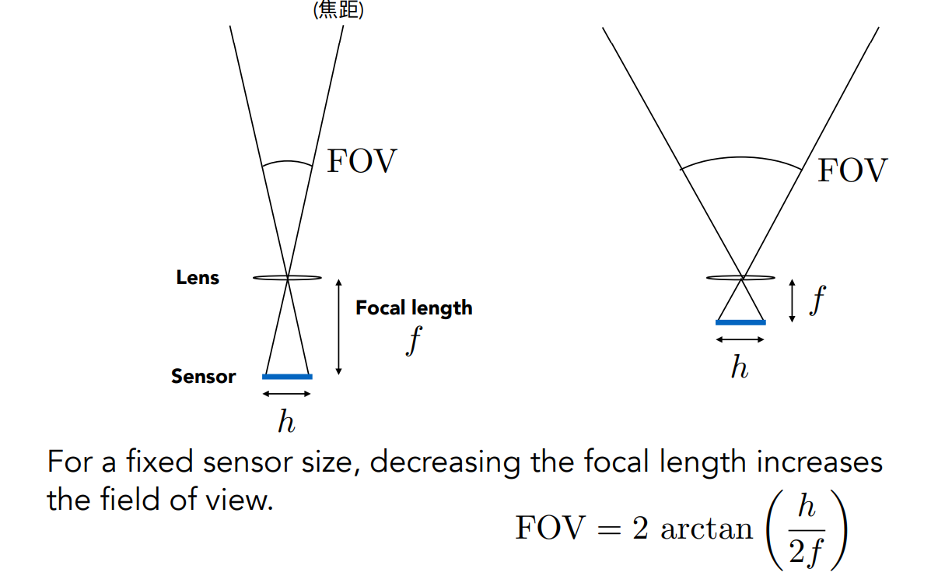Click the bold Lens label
click(198, 278)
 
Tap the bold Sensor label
click(203, 377)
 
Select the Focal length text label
click(414, 307)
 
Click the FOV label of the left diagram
click(362, 162)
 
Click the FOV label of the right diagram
click(852, 170)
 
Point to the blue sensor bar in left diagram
click(287, 377)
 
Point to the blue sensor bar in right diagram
click(740, 321)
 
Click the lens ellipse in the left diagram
click(287, 277)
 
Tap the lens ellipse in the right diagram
click(740, 277)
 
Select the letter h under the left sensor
click(286, 422)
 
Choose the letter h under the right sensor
click(739, 367)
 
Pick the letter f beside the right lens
click(816, 300)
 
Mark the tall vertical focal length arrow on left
click(338, 326)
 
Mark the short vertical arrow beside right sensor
click(792, 301)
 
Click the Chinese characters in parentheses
click(338, 12)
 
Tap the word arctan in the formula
click(707, 529)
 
